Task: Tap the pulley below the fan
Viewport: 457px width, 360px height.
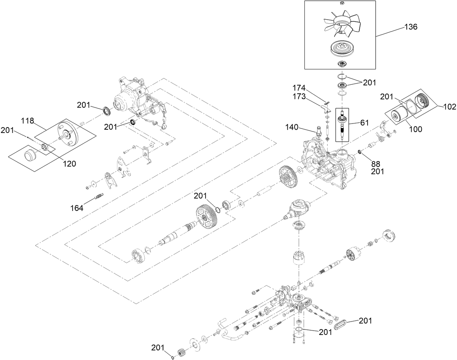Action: click(342, 48)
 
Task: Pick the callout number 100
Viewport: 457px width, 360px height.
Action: click(415, 129)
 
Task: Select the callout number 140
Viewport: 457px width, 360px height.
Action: click(292, 127)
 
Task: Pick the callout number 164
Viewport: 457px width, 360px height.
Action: click(77, 208)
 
